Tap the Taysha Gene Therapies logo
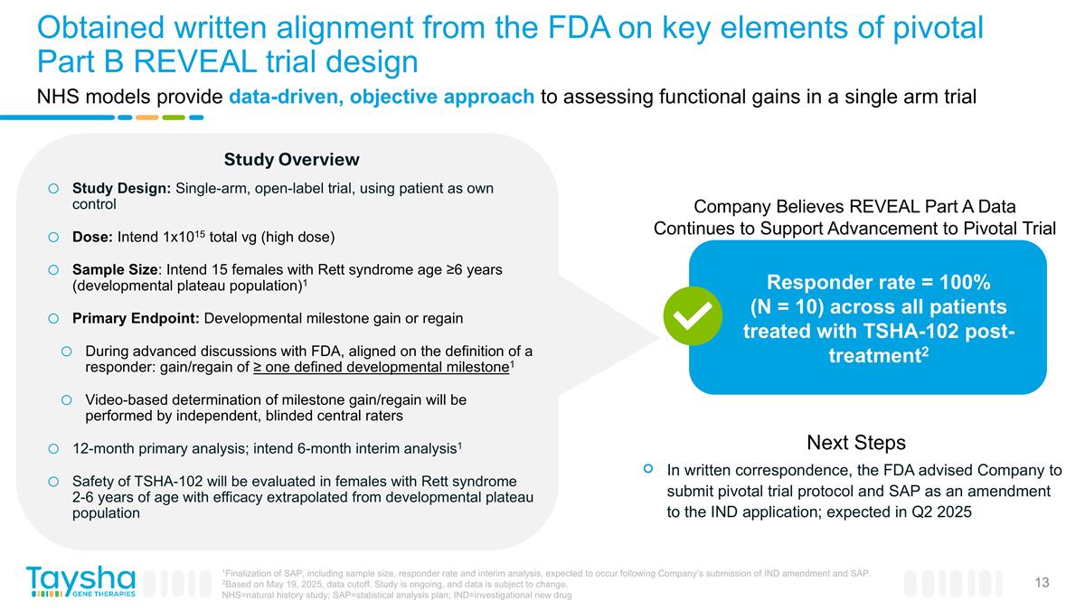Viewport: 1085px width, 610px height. click(80, 581)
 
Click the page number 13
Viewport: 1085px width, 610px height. click(1042, 583)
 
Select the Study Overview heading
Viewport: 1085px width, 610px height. click(291, 160)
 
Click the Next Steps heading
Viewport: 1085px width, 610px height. click(855, 443)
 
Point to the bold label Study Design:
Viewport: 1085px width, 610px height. click(121, 188)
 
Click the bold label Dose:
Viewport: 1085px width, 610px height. click(91, 238)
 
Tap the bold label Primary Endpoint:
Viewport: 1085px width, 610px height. click(137, 319)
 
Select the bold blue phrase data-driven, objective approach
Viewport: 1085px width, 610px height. click(382, 98)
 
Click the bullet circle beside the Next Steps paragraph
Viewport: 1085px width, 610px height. click(647, 468)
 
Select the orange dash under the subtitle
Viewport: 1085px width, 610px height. click(146, 117)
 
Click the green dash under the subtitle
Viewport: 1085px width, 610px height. click(174, 117)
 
